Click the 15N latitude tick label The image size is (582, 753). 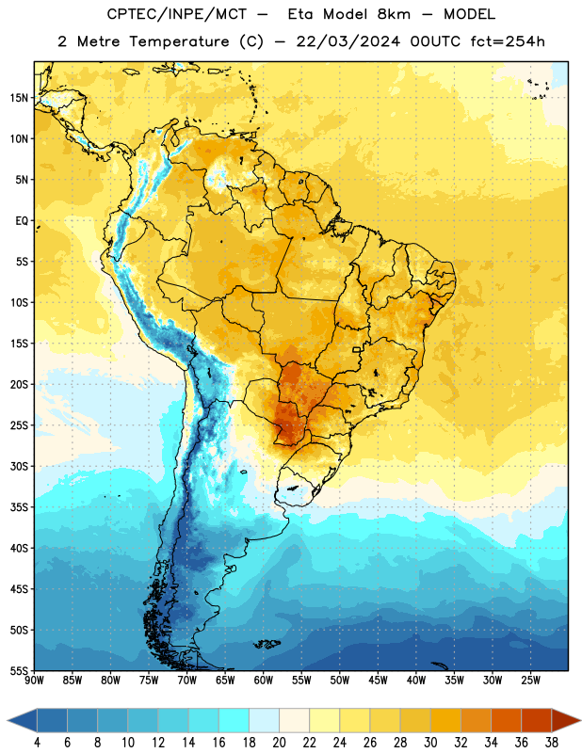[19, 98]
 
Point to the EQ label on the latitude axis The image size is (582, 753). [22, 221]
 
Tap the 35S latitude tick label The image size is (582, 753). [19, 507]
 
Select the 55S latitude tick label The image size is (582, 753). [19, 670]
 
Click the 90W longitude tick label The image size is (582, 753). [34, 681]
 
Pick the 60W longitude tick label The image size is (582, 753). [264, 681]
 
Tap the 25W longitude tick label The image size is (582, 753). [530, 681]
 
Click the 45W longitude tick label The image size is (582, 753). [378, 681]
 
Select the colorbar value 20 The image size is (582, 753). [279, 743]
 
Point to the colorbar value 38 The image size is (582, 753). [552, 743]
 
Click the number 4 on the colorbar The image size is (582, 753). [37, 743]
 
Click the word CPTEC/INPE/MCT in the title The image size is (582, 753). [177, 14]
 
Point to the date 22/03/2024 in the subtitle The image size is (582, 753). [348, 41]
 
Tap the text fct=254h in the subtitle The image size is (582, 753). [508, 41]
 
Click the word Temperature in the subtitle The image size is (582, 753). [179, 41]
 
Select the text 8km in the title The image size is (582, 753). [394, 14]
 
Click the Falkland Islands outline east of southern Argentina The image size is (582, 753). [267, 644]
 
